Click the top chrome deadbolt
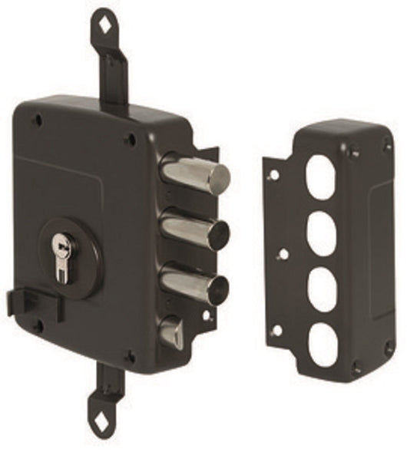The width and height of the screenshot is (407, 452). [196, 173]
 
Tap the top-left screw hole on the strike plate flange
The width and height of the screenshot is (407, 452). [272, 175]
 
